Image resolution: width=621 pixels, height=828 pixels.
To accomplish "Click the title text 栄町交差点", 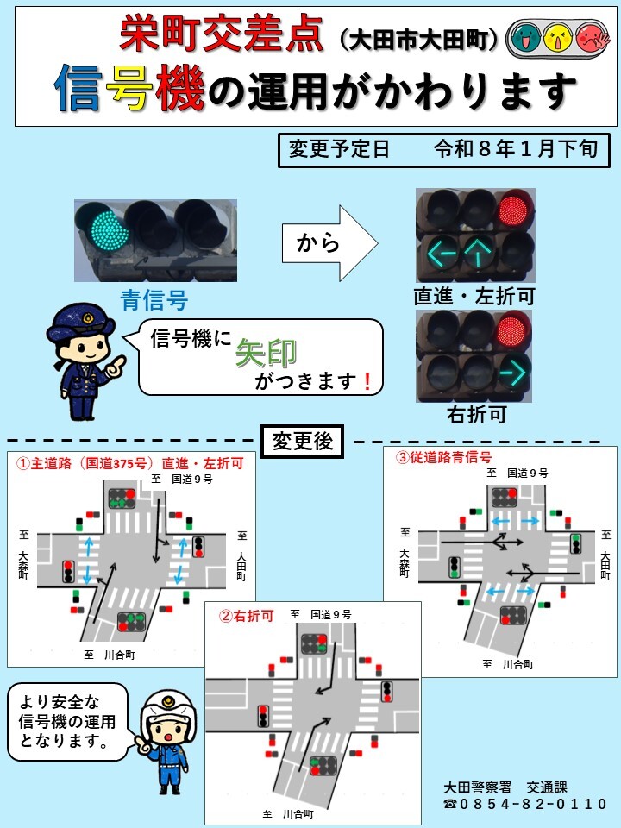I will click(x=223, y=36).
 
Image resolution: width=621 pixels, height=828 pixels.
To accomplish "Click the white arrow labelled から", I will click(x=329, y=243).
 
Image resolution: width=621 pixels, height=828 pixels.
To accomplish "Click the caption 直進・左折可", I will click(x=474, y=297).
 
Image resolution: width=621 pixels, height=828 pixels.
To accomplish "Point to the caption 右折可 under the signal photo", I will click(x=475, y=415).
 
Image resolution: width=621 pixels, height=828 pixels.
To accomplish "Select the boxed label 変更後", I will click(x=302, y=442).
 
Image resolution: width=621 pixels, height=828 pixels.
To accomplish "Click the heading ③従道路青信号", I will click(x=443, y=457).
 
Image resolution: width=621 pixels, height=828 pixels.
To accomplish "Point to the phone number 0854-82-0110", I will click(x=534, y=804).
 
